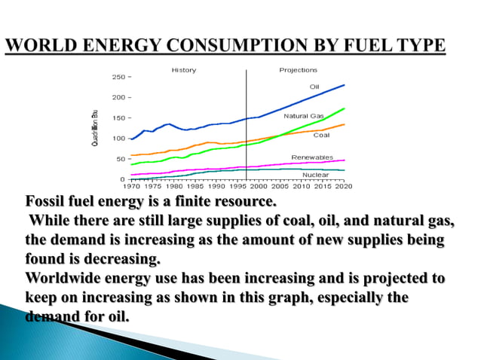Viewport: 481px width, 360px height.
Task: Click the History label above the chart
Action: click(x=184, y=70)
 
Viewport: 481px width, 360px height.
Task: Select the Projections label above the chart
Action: click(x=299, y=70)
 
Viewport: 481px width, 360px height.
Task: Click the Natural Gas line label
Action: click(x=304, y=116)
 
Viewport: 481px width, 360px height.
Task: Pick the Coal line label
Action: click(x=321, y=135)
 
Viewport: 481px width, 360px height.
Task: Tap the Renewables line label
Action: click(x=311, y=157)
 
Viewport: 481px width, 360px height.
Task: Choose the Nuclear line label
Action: click(x=315, y=174)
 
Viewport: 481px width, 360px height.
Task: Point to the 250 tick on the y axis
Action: click(x=118, y=77)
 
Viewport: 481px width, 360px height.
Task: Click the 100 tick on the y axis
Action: click(x=118, y=139)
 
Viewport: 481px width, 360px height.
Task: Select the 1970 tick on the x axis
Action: click(x=132, y=185)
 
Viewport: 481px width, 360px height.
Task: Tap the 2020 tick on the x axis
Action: click(x=344, y=185)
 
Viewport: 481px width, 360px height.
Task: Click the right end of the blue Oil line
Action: click(x=344, y=85)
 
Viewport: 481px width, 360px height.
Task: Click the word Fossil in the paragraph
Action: click(x=47, y=203)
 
